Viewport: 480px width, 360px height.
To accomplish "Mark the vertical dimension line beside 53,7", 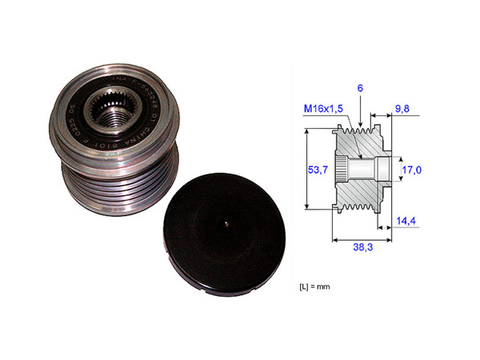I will click(307, 170).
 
